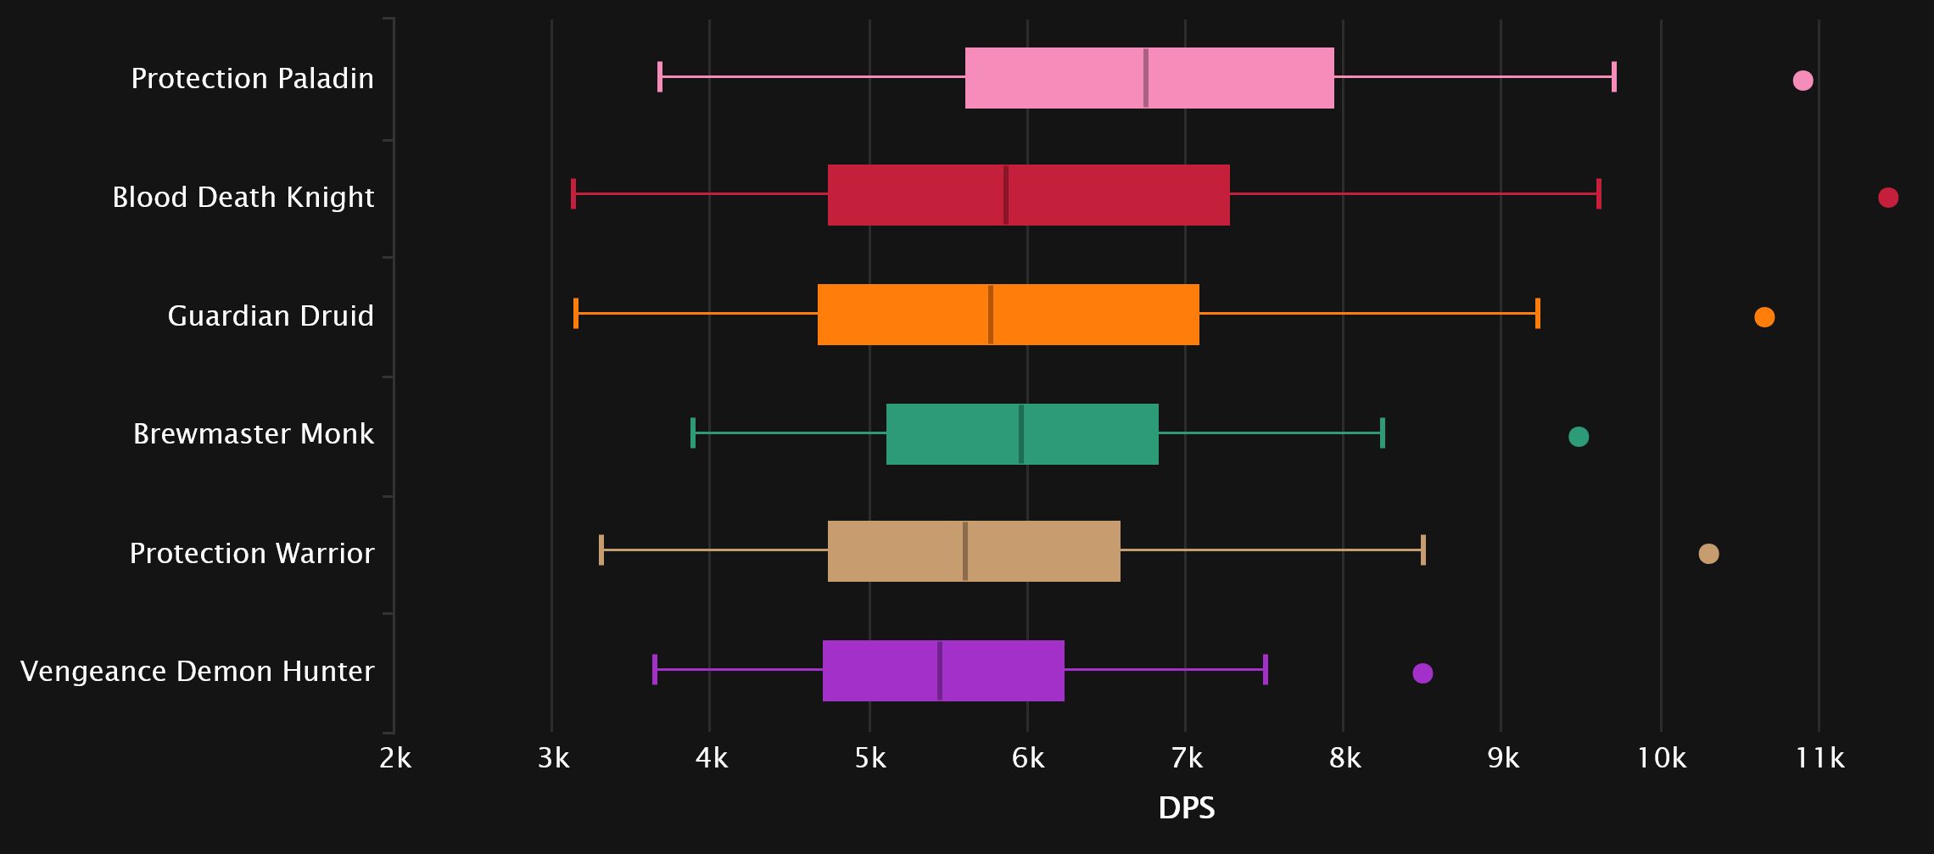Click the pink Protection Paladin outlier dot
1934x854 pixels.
[x=1803, y=81]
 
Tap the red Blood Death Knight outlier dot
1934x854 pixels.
[x=1888, y=198]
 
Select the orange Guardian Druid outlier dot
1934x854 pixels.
[x=1764, y=317]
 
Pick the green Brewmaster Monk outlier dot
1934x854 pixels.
[x=1579, y=437]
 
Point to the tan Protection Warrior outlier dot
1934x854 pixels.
[x=1708, y=554]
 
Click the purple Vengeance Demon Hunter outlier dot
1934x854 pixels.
[x=1423, y=673]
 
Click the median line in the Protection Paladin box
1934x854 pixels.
[x=1146, y=78]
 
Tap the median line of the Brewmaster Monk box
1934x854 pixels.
[x=1021, y=434]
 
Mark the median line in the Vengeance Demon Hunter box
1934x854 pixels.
[x=940, y=671]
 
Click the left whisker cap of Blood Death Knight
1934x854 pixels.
[x=573, y=194]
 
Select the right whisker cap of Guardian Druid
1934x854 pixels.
[x=1538, y=314]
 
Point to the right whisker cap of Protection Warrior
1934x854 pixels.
[x=1423, y=550]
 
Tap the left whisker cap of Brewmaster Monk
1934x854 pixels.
[x=693, y=433]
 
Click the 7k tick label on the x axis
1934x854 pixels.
[x=1186, y=758]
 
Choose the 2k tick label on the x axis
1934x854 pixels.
[x=395, y=758]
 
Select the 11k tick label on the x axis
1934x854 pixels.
[x=1819, y=758]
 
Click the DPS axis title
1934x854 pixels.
[x=1186, y=808]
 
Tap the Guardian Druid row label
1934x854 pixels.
[x=271, y=316]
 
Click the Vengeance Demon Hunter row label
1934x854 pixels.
[x=197, y=672]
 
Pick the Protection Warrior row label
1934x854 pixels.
[x=252, y=554]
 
